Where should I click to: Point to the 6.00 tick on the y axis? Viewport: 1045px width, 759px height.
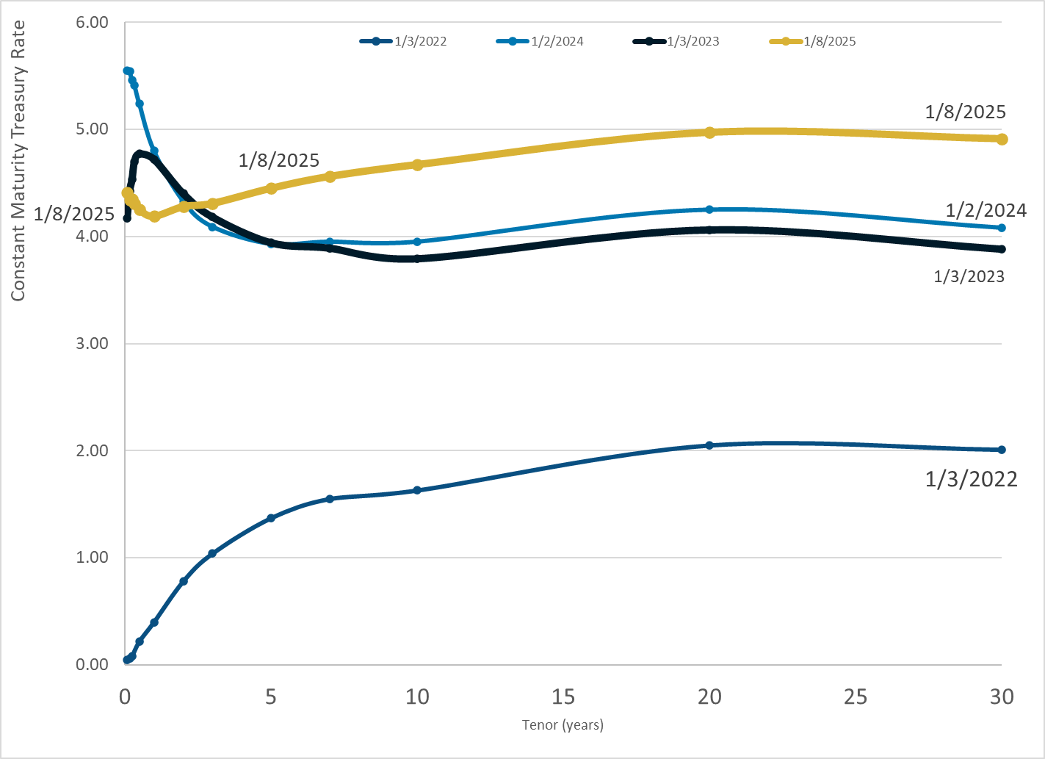(x=92, y=22)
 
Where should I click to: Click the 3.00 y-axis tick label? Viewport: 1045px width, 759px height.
(x=92, y=344)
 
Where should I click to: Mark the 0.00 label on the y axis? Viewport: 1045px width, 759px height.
(x=92, y=664)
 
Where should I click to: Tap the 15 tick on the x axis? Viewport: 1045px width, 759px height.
(x=563, y=697)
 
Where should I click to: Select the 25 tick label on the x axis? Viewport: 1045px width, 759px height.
(x=856, y=697)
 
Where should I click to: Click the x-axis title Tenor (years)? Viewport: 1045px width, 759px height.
(x=563, y=725)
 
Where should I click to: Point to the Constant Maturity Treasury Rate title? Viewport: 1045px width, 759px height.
(x=18, y=161)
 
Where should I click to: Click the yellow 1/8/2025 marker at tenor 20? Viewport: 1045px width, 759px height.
(x=709, y=133)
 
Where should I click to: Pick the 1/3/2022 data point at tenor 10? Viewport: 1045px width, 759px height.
(x=417, y=490)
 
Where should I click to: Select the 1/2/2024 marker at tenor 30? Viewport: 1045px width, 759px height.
(x=1002, y=228)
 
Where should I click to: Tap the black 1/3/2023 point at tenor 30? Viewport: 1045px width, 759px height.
(x=1002, y=249)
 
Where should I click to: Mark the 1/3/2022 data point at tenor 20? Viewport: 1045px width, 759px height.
(x=709, y=445)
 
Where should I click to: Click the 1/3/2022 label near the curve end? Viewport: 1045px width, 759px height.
(x=971, y=480)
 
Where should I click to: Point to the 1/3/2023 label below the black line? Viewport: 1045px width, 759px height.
(x=969, y=276)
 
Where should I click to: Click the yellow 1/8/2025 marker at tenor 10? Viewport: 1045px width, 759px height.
(x=417, y=165)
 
